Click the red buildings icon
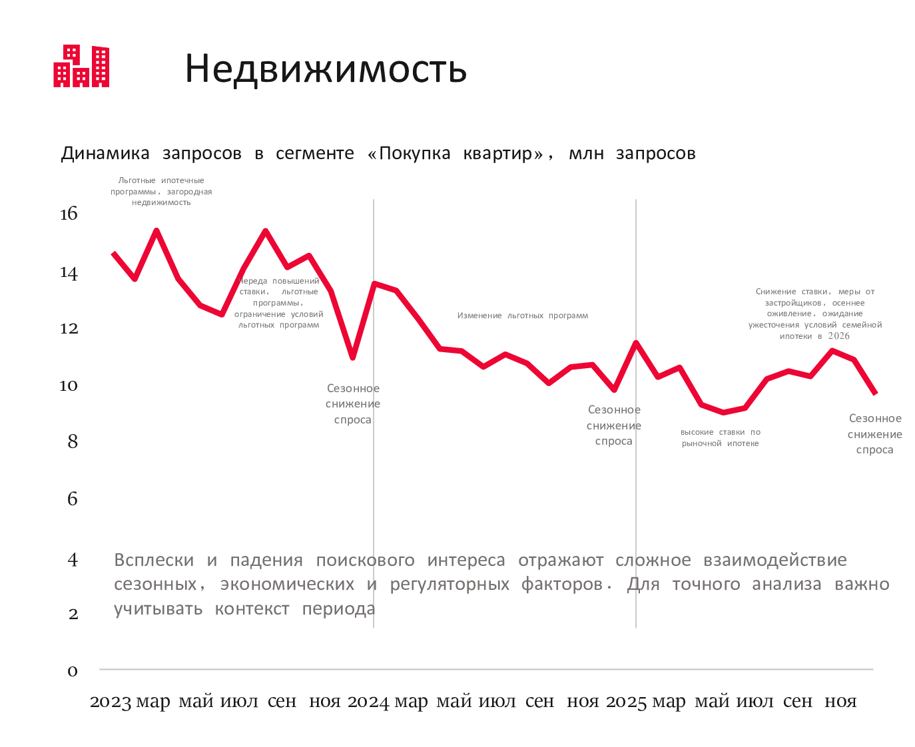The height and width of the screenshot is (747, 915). (x=81, y=66)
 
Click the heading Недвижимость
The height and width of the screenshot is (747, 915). (x=326, y=69)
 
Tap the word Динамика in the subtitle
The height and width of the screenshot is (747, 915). (x=105, y=154)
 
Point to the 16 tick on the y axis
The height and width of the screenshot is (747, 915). (x=69, y=214)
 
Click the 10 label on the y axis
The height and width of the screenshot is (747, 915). (x=69, y=385)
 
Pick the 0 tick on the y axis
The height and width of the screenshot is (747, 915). (x=73, y=671)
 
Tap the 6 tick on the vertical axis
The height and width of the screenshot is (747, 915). (x=73, y=499)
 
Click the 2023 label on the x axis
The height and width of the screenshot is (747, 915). (x=111, y=702)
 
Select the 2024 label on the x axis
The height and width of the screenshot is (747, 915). (x=368, y=702)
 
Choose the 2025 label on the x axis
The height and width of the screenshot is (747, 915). (x=626, y=702)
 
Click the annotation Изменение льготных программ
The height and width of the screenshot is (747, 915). (x=523, y=316)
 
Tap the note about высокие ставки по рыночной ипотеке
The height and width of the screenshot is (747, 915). (x=720, y=437)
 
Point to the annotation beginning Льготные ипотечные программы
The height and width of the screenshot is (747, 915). (x=161, y=191)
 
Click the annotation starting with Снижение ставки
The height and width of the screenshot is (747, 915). (x=815, y=314)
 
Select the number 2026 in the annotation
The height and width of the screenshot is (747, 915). (x=839, y=336)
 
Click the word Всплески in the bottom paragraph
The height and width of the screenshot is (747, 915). (x=154, y=561)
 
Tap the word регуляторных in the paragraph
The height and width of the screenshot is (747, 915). (x=450, y=585)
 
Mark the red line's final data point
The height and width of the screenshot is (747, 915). (x=876, y=393)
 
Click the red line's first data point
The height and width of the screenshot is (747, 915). (x=114, y=254)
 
